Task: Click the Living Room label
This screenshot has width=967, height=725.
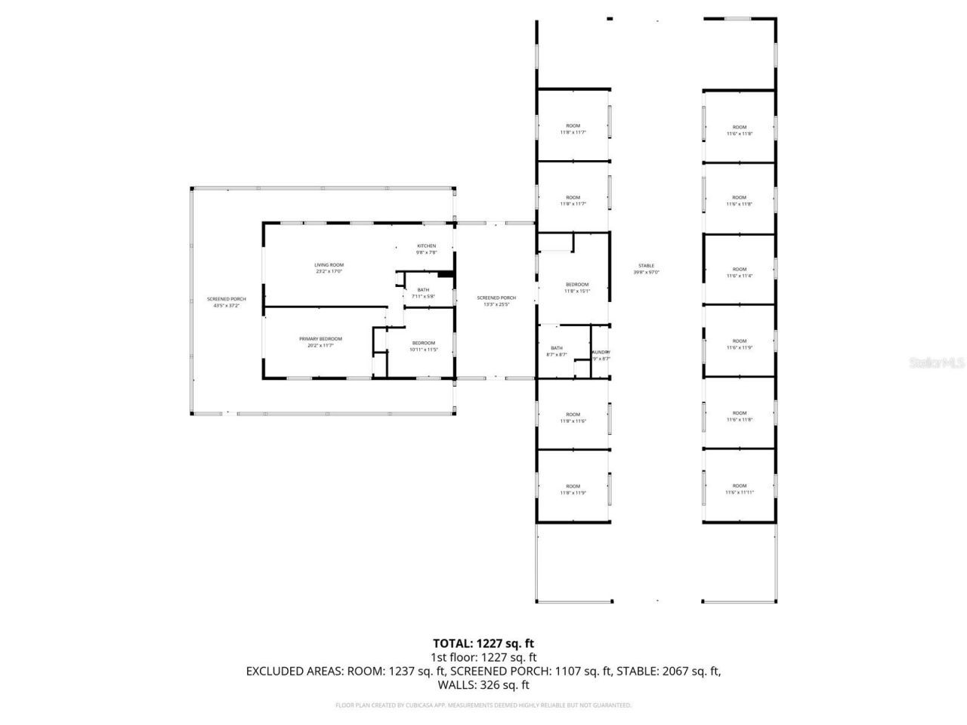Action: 329,267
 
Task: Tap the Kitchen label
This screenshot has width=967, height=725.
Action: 427,248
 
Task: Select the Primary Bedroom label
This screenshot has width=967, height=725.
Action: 320,341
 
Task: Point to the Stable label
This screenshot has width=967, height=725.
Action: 646,268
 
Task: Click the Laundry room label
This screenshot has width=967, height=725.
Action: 601,355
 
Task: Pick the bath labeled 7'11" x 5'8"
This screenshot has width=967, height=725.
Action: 423,293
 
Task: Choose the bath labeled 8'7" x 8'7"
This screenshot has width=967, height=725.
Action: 557,350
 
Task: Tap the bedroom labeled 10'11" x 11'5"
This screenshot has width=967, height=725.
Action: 423,346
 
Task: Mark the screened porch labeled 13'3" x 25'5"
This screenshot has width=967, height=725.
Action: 496,301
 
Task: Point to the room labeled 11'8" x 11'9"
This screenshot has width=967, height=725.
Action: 573,489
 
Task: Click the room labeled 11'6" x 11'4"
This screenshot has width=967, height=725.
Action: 739,272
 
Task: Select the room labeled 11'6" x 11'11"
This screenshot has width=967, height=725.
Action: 739,489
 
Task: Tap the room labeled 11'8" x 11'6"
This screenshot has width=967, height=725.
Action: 573,417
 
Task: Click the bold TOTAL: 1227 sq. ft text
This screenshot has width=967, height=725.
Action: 483,643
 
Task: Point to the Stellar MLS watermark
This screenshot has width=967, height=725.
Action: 937,362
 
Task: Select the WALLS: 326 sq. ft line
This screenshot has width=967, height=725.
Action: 483,685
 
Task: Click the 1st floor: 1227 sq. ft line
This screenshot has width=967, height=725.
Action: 483,657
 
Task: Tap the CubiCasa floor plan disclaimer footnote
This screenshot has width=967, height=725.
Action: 483,705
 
